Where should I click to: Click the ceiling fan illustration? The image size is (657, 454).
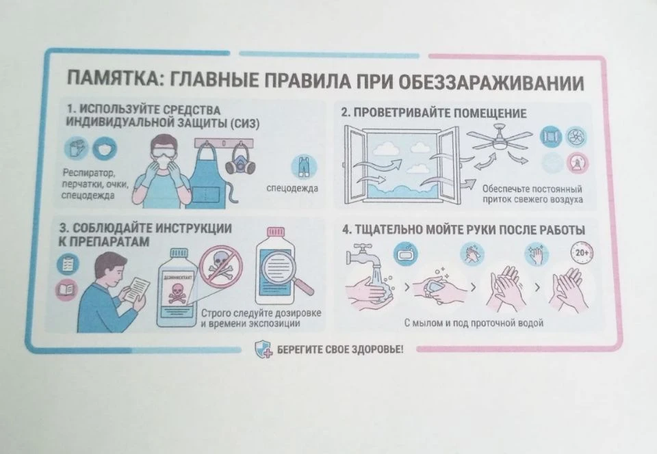coord(500,139)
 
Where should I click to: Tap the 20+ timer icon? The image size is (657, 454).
coord(582,253)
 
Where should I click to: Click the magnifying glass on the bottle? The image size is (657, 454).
coord(285,271)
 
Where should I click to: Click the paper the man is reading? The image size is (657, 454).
coord(137,289)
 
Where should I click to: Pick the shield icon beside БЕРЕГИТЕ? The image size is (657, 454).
coord(263,349)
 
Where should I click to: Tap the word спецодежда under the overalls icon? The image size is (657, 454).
coord(292,189)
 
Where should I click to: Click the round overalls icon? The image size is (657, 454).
coord(304,167)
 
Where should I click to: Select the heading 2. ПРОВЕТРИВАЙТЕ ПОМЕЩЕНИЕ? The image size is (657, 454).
coord(434,113)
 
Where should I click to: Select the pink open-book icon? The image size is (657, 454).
coord(67,289)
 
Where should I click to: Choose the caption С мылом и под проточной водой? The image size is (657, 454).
coord(474,323)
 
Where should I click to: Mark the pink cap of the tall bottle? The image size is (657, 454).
coord(276,232)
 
